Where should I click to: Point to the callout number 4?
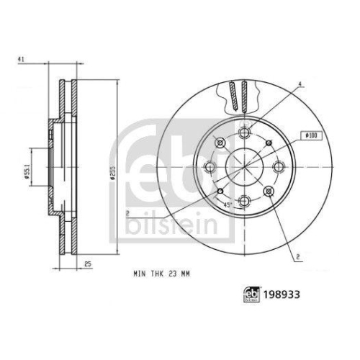(x=301, y=84)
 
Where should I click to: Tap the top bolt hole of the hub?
(x=244, y=130)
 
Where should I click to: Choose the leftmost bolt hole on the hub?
(x=210, y=168)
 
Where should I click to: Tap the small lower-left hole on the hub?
(x=218, y=191)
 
